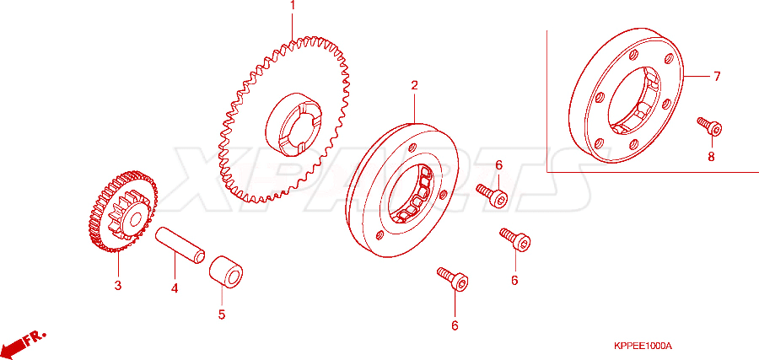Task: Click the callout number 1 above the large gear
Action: (293, 6)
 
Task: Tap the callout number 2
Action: (414, 86)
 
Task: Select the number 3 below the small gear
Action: (117, 286)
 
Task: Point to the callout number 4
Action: (175, 288)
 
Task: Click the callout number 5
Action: (222, 314)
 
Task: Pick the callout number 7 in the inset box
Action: (717, 77)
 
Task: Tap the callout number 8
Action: (711, 158)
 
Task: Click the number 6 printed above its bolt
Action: (498, 165)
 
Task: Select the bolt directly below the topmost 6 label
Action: (492, 195)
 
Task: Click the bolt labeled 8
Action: (709, 126)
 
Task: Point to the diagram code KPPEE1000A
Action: (643, 346)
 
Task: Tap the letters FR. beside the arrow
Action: (35, 337)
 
